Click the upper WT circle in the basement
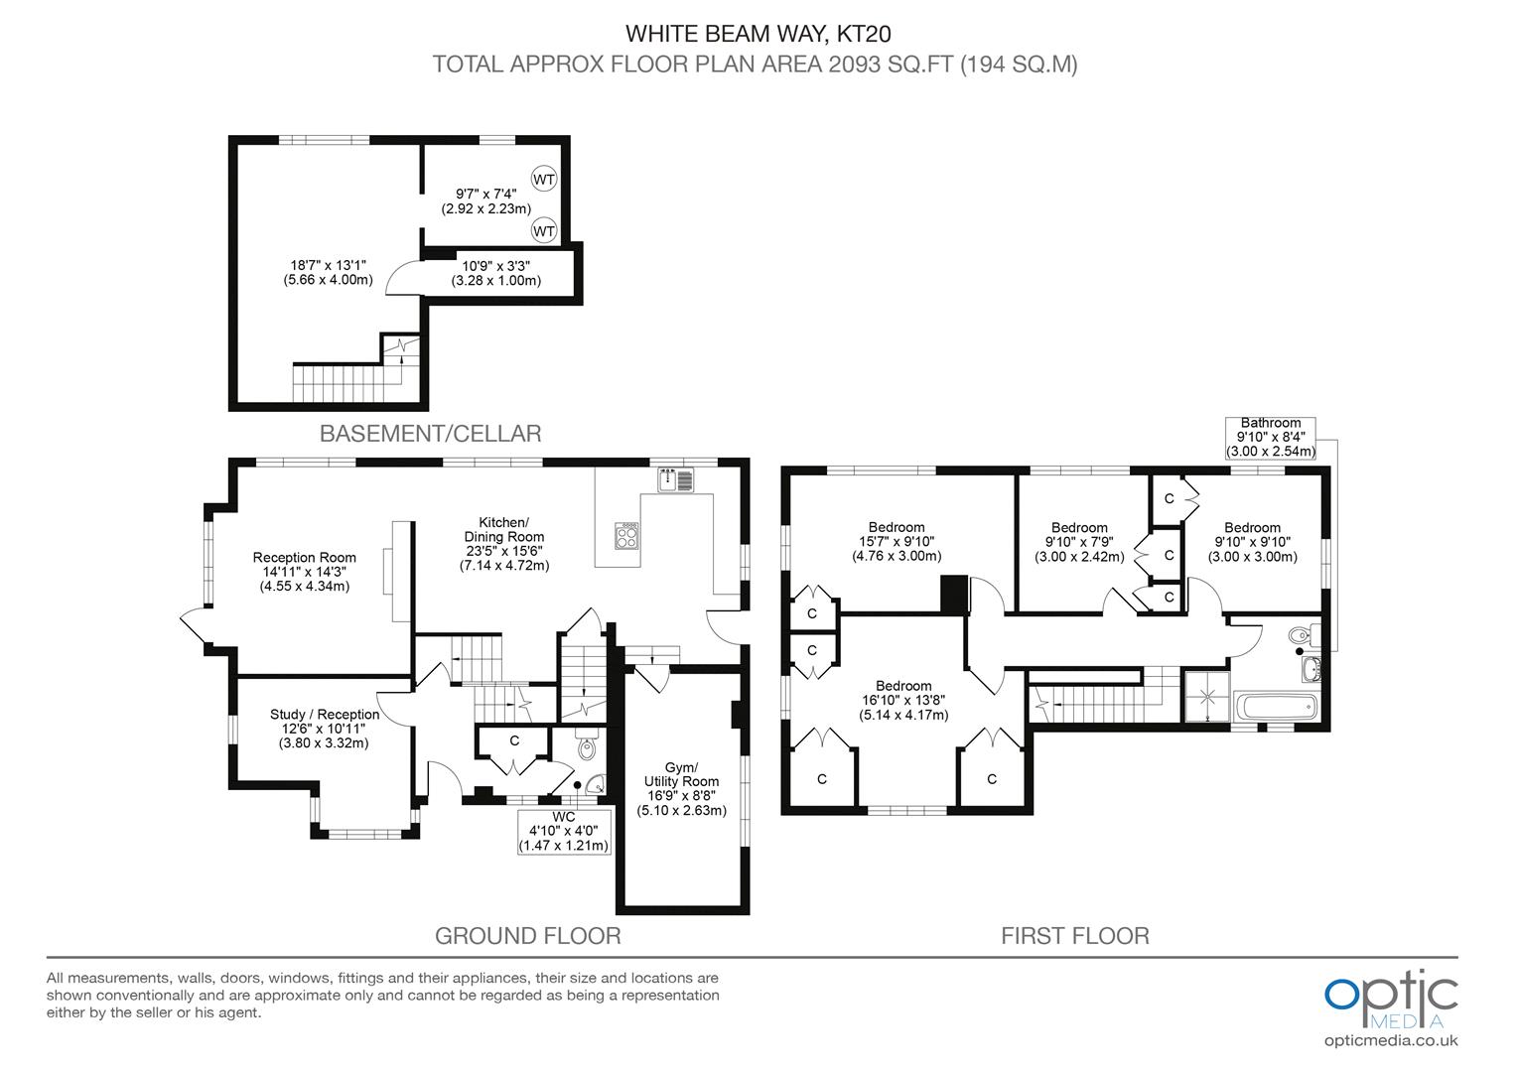pyautogui.click(x=544, y=179)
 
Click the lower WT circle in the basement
pyautogui.click(x=544, y=230)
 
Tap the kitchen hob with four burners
pyautogui.click(x=627, y=536)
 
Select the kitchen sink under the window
pyautogui.click(x=679, y=479)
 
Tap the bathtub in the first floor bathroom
pyautogui.click(x=1276, y=707)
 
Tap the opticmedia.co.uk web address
pyautogui.click(x=1390, y=1041)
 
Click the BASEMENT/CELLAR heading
pyautogui.click(x=430, y=434)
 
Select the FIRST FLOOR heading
pyautogui.click(x=1074, y=936)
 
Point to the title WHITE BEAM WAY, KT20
pyautogui.click(x=758, y=34)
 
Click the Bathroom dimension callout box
pyautogui.click(x=1270, y=437)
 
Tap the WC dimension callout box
pyautogui.click(x=563, y=832)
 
